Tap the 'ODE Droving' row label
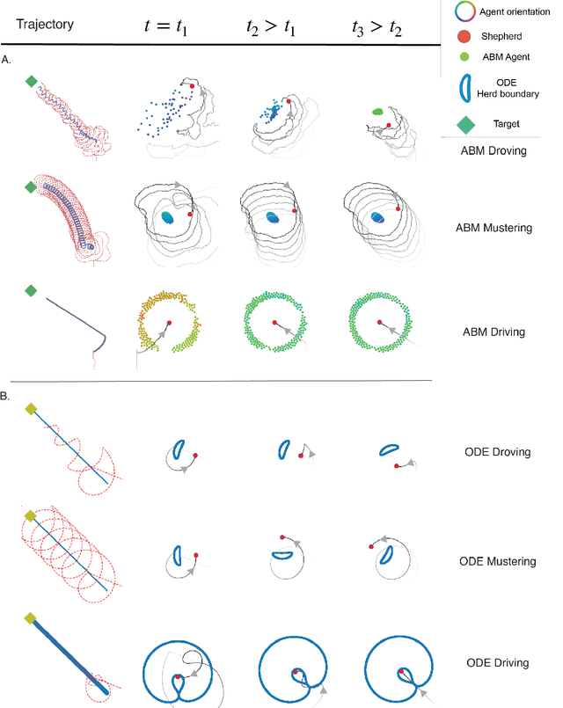[496, 452]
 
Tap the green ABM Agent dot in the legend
[464, 58]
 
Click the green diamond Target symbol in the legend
[464, 122]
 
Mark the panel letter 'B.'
[7, 398]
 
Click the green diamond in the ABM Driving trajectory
[31, 290]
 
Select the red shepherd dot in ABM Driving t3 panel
[379, 321]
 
